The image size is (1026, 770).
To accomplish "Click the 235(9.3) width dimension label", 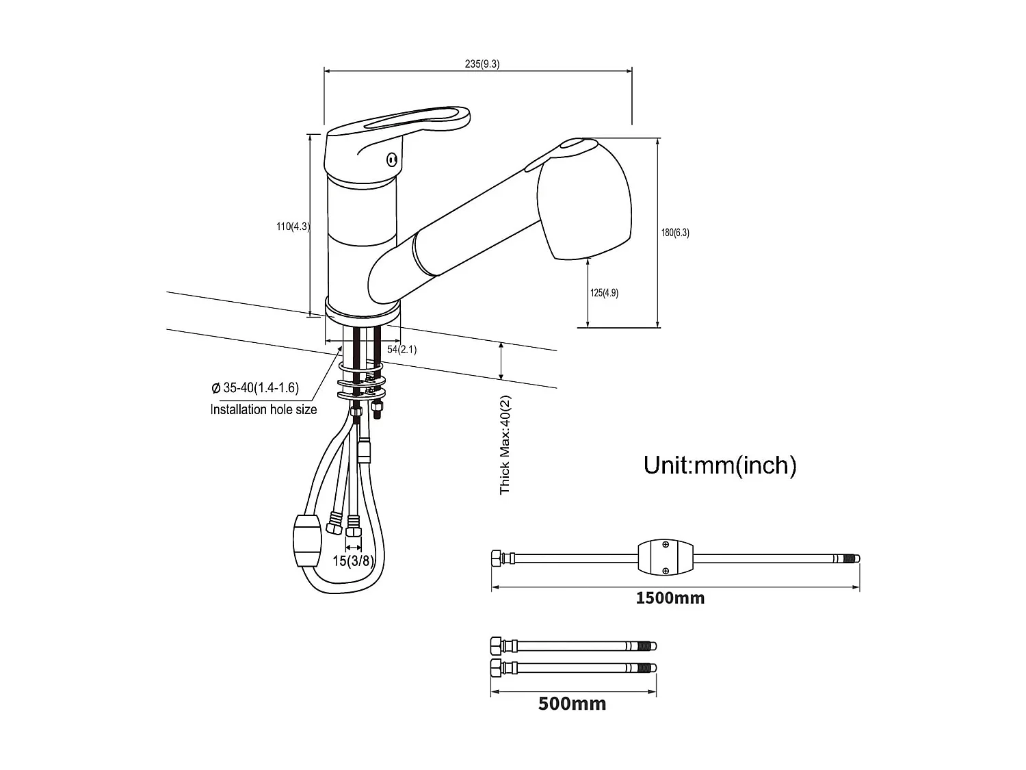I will coord(482,64).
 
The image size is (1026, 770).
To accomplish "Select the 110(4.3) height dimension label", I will coord(293,227).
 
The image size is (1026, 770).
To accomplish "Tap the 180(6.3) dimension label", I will coord(675,233).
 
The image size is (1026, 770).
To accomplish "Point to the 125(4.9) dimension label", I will coord(604,293).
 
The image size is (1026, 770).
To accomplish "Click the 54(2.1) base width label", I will coord(402,349).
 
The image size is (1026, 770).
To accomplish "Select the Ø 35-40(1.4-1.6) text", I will coord(255,388).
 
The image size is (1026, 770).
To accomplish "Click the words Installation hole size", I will coord(263,409).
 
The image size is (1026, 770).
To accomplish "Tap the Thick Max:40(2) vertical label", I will coord(505,444).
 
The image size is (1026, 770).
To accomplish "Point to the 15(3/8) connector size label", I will coord(353,561).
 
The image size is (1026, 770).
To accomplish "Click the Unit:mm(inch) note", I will coord(720,465).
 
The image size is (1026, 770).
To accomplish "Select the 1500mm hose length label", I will coord(670,598).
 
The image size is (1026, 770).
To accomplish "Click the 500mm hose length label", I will coord(572,704).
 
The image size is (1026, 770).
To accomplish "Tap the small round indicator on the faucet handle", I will coord(392,160).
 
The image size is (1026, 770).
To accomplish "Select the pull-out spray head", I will coord(585,202).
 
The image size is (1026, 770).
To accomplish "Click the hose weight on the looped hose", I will coord(306,541).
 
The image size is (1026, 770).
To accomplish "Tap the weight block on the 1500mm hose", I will coord(665,558).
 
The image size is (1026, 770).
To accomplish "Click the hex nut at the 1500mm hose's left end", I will coord(497,558).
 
